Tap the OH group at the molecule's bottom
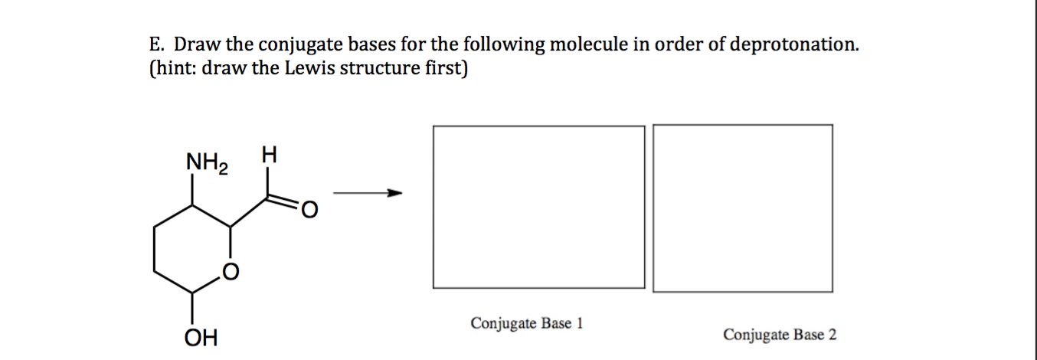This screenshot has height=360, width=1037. point(201,338)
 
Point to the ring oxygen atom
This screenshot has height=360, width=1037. point(231,272)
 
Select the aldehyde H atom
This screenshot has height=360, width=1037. point(269,155)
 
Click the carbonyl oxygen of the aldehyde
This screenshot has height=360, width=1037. point(309,210)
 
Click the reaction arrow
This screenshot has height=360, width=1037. point(368,192)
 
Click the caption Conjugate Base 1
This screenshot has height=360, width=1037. point(527,323)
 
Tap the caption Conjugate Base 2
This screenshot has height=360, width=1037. point(780,335)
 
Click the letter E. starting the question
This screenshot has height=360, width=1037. point(157,44)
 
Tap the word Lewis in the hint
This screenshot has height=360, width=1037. point(309,68)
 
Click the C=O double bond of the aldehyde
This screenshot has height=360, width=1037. point(283,201)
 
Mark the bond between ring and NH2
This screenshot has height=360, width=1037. point(192,189)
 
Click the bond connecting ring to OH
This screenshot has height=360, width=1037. point(192,309)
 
